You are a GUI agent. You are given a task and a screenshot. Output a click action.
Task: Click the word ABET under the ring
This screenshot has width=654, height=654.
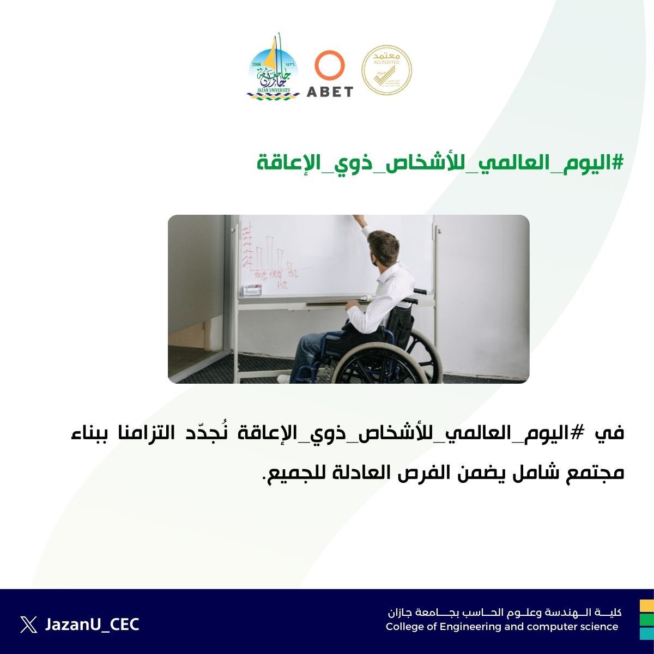(x=330, y=92)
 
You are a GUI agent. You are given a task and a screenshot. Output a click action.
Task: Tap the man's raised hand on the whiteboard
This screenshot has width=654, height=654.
(x=359, y=220)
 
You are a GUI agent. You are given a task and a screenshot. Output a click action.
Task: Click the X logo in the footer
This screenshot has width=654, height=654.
(x=28, y=625)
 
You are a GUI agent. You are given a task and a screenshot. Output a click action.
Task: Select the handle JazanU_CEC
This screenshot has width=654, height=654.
(x=92, y=625)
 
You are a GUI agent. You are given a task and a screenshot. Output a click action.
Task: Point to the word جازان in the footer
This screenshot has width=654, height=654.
(x=403, y=613)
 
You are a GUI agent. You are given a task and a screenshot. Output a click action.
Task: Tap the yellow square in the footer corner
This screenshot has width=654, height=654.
(x=647, y=605)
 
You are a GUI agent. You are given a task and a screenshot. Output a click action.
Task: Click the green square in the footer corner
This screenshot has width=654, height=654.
(x=647, y=620)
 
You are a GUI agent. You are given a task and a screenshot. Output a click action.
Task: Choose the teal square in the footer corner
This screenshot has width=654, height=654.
(x=647, y=633)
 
